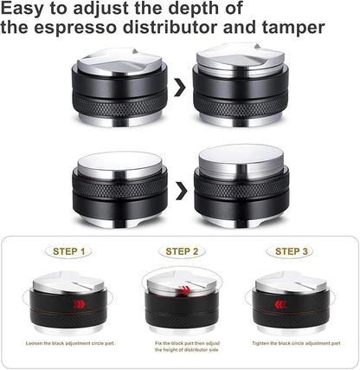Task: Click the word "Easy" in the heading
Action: [x=32, y=10]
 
